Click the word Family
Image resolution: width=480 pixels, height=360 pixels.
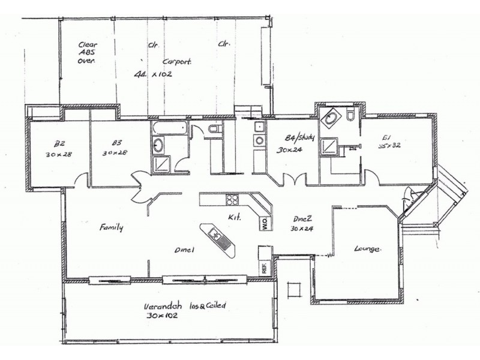[112, 228]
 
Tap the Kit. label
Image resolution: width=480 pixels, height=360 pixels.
[234, 217]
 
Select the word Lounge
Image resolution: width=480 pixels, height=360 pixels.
[368, 248]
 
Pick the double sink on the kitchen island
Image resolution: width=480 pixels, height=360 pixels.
[219, 239]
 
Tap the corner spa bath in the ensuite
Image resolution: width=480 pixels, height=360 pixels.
[330, 118]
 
